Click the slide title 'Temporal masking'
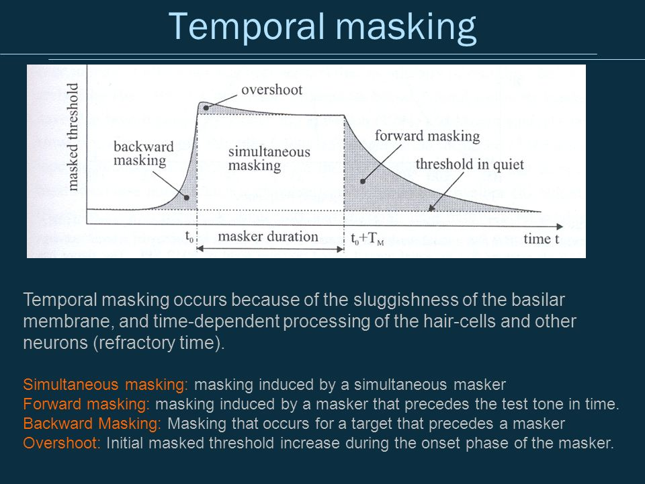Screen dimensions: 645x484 pos(322,27)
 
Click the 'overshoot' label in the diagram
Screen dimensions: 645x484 pos(271,89)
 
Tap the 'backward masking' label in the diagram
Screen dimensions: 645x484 pos(143,153)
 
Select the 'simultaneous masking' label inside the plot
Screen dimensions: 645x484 pos(269,159)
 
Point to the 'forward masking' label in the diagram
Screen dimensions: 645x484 pos(427,136)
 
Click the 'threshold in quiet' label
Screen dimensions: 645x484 pos(470,164)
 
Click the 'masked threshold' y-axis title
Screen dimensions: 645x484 pos(73,137)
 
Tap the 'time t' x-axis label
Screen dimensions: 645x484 pos(541,239)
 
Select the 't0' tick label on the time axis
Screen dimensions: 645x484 pos(189,237)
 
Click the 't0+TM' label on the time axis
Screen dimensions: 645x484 pos(367,239)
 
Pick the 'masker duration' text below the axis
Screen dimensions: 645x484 pos(268,237)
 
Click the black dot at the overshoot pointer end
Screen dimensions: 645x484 pos(206,108)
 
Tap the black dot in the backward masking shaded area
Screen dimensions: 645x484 pos(186,198)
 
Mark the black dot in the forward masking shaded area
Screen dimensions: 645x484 pos(363,181)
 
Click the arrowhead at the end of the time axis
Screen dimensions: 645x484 pos(560,227)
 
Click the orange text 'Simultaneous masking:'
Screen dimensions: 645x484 pos(105,385)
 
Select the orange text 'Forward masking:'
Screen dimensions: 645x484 pos(87,404)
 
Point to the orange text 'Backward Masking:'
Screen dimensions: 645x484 pos(92,424)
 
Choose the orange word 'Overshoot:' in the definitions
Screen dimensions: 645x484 pos(62,443)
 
